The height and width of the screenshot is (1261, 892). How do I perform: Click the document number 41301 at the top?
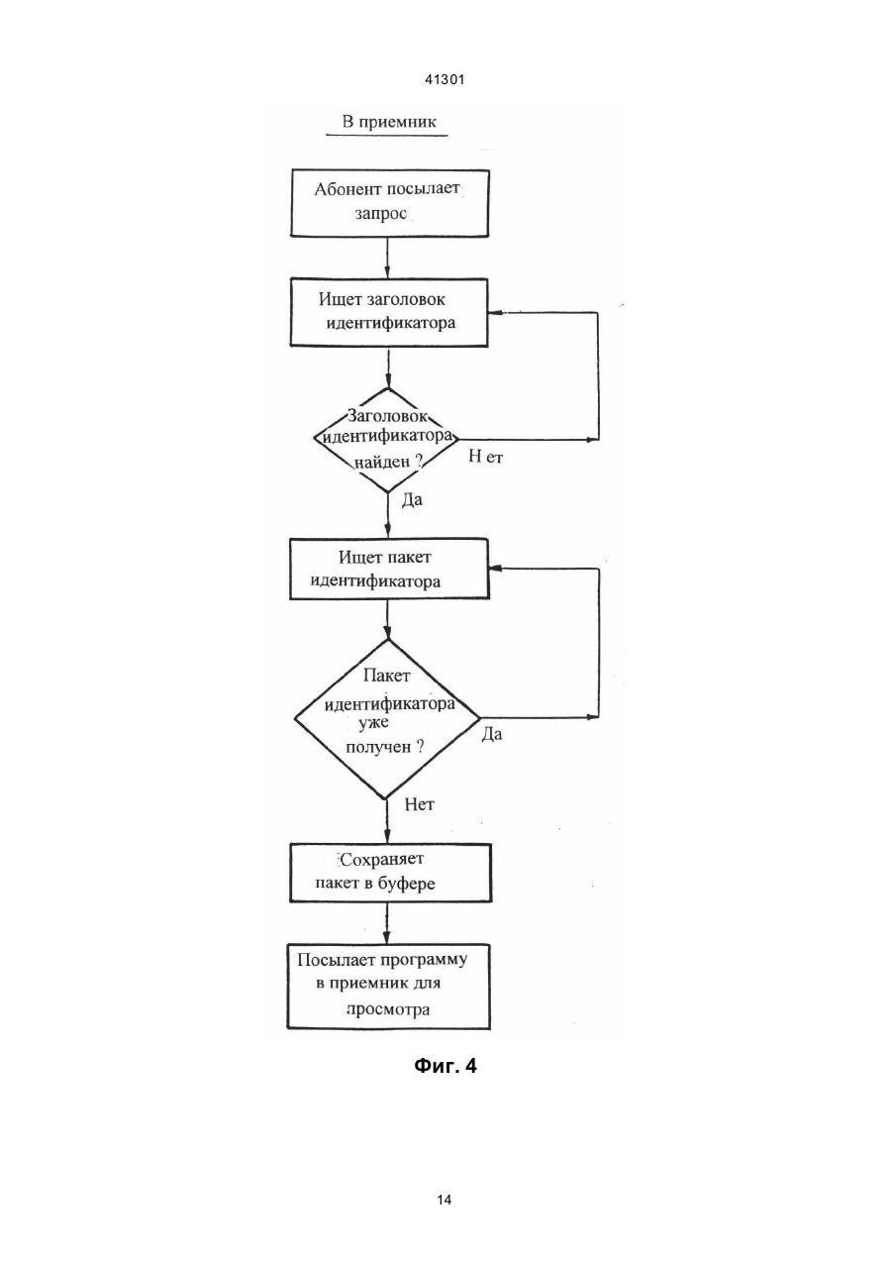coord(445,80)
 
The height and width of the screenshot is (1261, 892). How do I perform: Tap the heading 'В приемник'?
coord(389,122)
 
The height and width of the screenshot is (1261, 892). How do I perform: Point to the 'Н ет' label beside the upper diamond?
coord(486,457)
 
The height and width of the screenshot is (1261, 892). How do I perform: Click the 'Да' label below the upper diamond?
coord(412,500)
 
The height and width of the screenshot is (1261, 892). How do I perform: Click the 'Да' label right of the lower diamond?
coord(492,734)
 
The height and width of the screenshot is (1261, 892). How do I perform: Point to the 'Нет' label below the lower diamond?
coord(419,804)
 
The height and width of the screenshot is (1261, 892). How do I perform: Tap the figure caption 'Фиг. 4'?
coord(446,1066)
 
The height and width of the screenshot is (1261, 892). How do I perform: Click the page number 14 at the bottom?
coord(445,1201)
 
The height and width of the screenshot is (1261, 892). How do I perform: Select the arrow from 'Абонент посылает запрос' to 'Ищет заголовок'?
coord(388,258)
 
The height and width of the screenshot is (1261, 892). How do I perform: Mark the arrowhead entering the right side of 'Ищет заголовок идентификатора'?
coord(494,313)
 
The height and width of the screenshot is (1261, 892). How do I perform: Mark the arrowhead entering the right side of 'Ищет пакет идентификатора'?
coord(495,569)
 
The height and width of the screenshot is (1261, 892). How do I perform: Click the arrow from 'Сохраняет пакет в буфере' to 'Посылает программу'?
coord(387,924)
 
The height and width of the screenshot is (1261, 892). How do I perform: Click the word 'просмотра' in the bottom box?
coord(388,1009)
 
